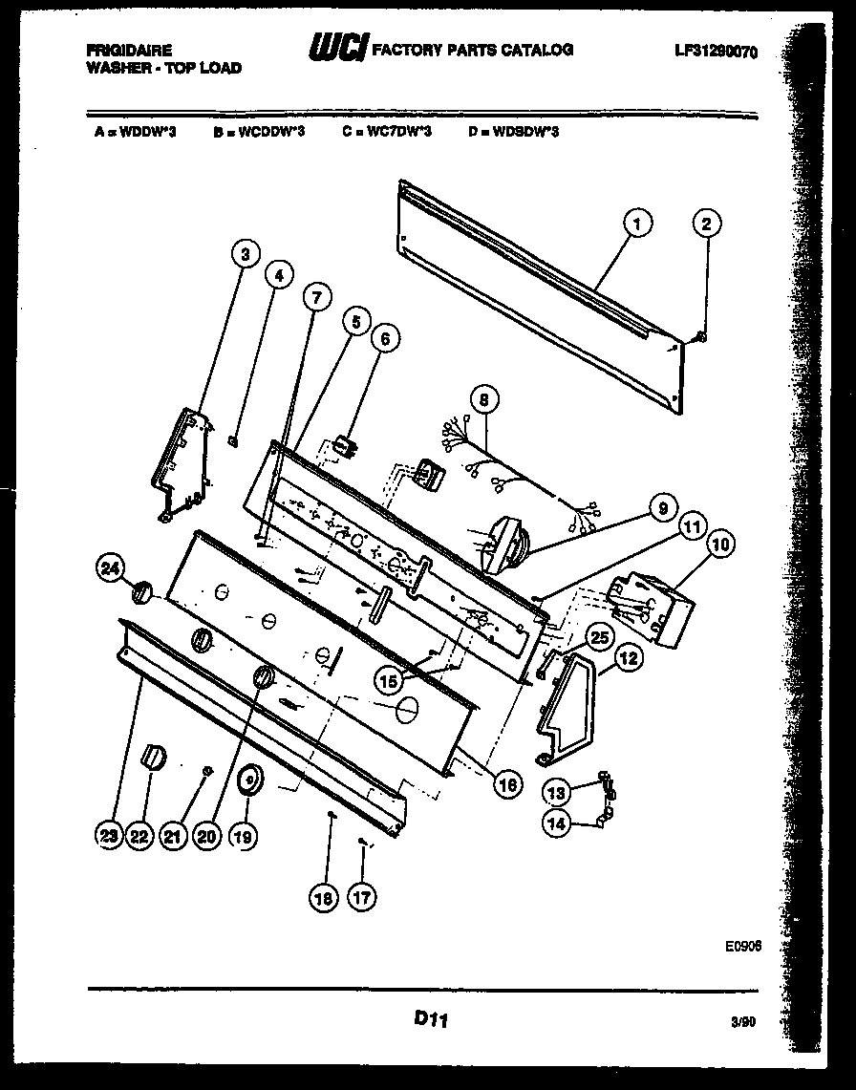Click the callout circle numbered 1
pos(637,224)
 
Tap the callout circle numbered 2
pos(705,224)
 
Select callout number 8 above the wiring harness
pos(484,398)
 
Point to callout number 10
pos(721,545)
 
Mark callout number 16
pos(507,783)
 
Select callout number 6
pos(386,337)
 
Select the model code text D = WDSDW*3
pos(513,132)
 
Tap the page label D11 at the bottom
pos(430,1020)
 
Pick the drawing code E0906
pos(741,946)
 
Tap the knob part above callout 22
pos(153,758)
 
